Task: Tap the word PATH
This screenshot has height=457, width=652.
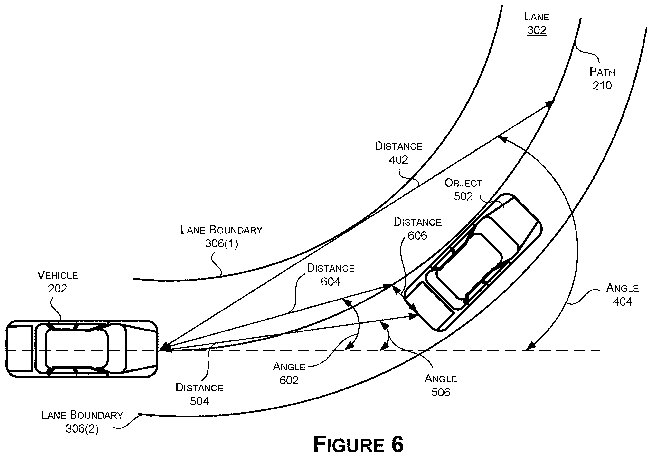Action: click(x=602, y=72)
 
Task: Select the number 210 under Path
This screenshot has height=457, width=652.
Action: click(x=602, y=86)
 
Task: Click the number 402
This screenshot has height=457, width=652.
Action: click(x=398, y=160)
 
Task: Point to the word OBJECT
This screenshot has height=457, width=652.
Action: click(x=463, y=183)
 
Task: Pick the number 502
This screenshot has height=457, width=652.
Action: click(x=463, y=196)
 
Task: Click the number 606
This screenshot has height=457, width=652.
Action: click(x=417, y=236)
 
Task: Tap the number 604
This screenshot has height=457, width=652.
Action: click(x=330, y=282)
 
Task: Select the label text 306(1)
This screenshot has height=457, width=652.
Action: click(x=221, y=243)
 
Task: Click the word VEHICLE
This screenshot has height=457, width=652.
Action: click(x=58, y=275)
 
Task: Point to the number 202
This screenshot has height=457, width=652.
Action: click(x=57, y=289)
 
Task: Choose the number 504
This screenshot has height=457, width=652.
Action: click(x=199, y=401)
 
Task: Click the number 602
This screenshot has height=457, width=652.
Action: click(x=289, y=380)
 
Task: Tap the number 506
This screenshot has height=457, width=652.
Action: click(x=441, y=392)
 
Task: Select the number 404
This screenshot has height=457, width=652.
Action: click(x=623, y=301)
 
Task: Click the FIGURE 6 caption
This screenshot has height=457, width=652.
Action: click(x=358, y=444)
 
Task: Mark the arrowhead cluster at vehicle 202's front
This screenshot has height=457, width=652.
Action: click(x=166, y=347)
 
